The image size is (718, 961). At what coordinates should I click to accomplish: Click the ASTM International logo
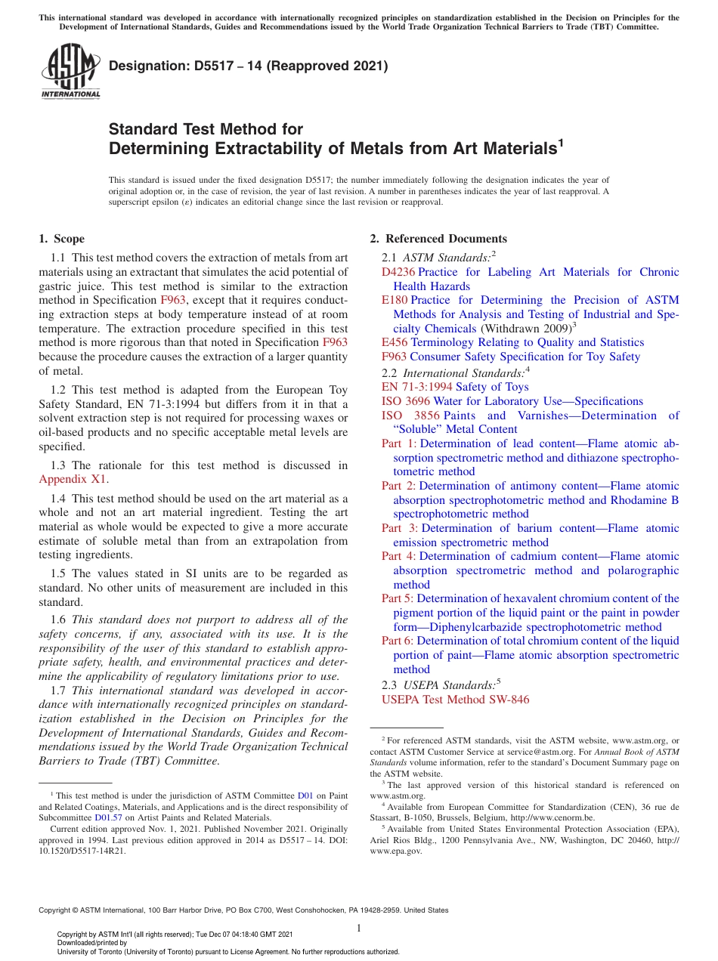(x=70, y=72)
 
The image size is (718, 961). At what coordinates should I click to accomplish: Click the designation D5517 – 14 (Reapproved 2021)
(x=249, y=66)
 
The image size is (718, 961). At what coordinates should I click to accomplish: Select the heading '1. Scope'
(x=61, y=239)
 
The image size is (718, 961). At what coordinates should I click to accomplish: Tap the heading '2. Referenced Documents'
(x=438, y=239)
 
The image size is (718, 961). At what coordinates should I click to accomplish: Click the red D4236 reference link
(x=398, y=272)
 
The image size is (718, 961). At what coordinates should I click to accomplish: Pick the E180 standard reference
(x=395, y=300)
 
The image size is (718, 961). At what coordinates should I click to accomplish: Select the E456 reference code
(x=395, y=342)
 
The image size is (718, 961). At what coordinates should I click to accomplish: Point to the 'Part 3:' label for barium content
(x=399, y=528)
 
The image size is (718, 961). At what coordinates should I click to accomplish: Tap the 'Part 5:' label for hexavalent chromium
(x=398, y=598)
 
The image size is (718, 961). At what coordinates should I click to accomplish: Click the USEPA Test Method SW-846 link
(x=455, y=700)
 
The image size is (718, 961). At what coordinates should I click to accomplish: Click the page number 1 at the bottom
(x=359, y=928)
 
